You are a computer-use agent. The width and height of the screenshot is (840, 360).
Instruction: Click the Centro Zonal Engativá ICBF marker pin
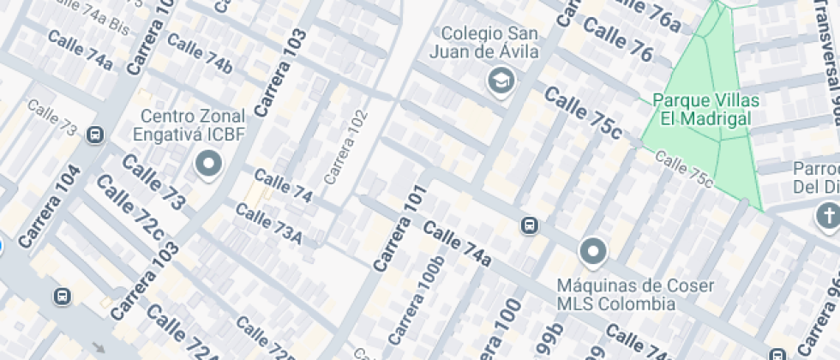[x=208, y=163]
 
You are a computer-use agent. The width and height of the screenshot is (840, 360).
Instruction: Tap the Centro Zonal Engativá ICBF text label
[x=193, y=125]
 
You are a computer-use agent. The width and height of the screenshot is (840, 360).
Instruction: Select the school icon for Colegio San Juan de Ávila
[x=521, y=81]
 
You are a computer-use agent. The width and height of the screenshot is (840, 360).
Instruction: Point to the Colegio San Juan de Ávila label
[x=489, y=43]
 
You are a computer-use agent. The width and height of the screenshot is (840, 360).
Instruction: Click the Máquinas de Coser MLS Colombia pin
[x=593, y=251]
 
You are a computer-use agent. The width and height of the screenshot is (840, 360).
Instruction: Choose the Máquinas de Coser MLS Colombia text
[x=615, y=294]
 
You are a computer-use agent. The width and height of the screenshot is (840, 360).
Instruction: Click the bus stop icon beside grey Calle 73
[x=95, y=135]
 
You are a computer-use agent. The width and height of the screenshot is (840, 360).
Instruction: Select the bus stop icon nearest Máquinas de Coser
[x=530, y=225]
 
